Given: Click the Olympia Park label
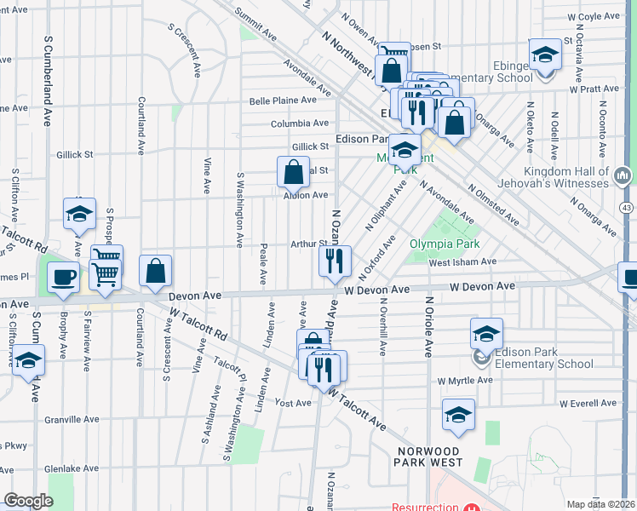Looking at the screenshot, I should pyautogui.click(x=440, y=243).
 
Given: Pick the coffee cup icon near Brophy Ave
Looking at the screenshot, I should pyautogui.click(x=64, y=278).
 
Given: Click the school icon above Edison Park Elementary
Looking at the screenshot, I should pyautogui.click(x=485, y=333).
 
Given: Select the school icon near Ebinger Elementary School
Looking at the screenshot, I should pyautogui.click(x=543, y=55).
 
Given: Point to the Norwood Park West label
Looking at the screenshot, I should pyautogui.click(x=429, y=456).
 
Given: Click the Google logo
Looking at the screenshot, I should pyautogui.click(x=27, y=501).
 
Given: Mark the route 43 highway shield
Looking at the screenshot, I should pyautogui.click(x=627, y=207).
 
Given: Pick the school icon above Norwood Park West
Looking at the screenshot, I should pyautogui.click(x=458, y=415).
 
